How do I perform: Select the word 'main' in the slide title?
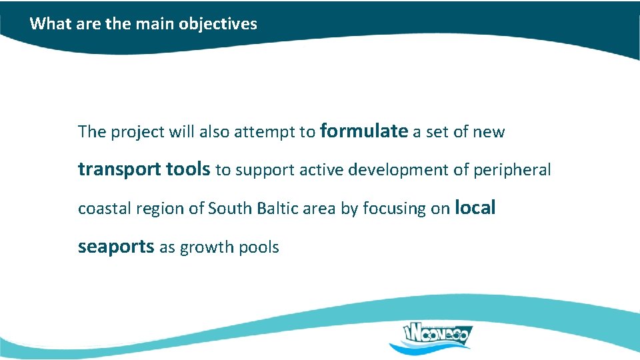tap(155, 24)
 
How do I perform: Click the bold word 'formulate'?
tap(363, 131)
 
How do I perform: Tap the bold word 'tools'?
tap(188, 170)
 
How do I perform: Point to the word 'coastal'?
tap(105, 209)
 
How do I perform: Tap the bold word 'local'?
tap(475, 207)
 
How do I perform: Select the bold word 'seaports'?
tap(116, 247)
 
